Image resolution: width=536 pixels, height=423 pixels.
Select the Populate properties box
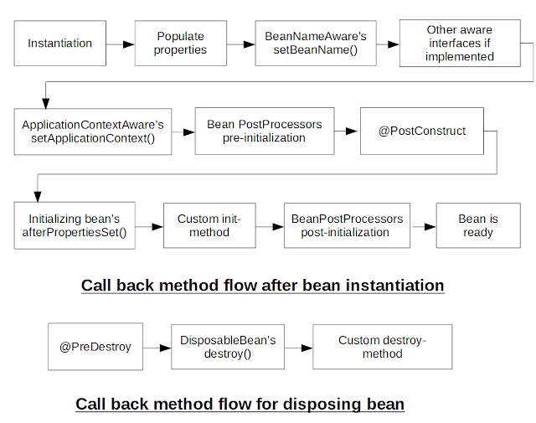pos(181,43)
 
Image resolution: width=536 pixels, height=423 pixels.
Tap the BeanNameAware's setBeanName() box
pos(315,43)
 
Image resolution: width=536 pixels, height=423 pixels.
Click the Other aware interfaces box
pos(460,43)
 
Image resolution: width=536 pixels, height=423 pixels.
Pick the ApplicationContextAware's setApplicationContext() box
pos(92,131)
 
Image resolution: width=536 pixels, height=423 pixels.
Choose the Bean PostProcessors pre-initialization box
pos(264,131)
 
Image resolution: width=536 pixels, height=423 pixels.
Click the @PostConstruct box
pos(421,131)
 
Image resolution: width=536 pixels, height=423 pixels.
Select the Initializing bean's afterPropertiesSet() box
pos(75,225)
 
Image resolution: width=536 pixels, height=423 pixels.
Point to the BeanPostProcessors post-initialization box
pos(347,225)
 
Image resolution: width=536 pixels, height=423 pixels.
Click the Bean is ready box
pos(477,225)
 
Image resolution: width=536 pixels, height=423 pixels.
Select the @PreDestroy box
pos(95,347)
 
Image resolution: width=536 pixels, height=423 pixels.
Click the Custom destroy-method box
pos(382,347)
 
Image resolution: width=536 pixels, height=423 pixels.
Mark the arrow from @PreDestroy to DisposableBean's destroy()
pos(157,347)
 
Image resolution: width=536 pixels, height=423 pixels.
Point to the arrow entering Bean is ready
pos(423,225)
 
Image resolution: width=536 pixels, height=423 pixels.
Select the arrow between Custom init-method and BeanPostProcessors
pos(270,225)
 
